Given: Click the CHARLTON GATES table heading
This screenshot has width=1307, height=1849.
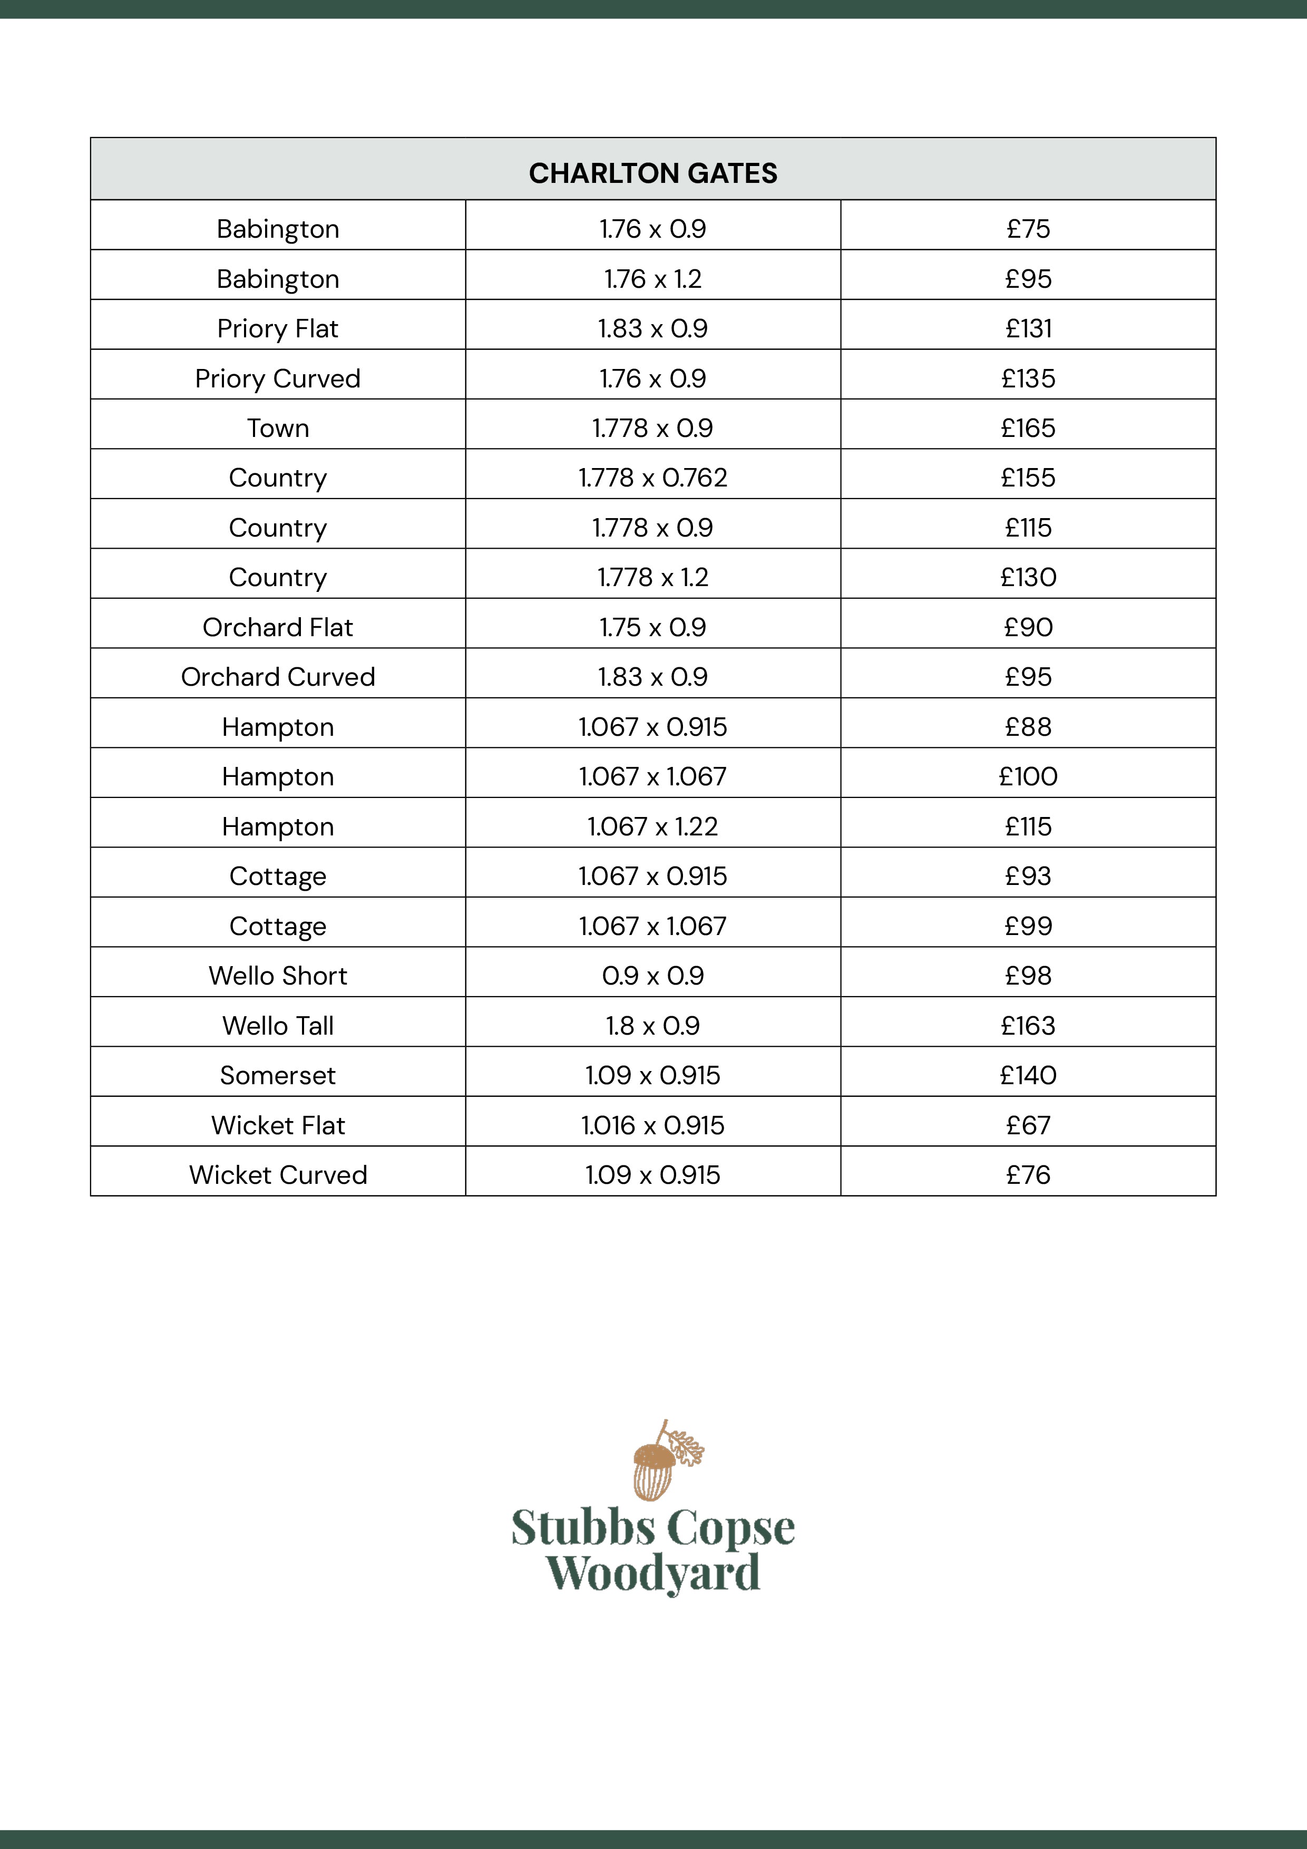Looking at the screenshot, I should pyautogui.click(x=653, y=173).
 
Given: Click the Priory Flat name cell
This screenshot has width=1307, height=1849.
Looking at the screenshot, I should pyautogui.click(x=278, y=328).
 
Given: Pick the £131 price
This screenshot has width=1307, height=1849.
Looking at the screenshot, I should pyautogui.click(x=1028, y=328).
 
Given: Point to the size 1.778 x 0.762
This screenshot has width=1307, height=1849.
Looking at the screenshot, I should pyautogui.click(x=652, y=478).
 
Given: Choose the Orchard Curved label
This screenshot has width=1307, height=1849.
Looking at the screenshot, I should pyautogui.click(x=278, y=676).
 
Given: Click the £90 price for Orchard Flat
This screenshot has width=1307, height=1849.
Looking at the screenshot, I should pyautogui.click(x=1028, y=627).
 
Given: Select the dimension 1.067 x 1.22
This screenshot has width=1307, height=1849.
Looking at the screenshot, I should pyautogui.click(x=652, y=826).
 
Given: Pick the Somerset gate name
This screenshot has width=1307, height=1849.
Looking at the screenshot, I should pyautogui.click(x=278, y=1075).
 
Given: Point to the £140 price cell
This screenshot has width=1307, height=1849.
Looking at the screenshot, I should pyautogui.click(x=1028, y=1075).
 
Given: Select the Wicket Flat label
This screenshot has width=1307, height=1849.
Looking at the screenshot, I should pyautogui.click(x=278, y=1125).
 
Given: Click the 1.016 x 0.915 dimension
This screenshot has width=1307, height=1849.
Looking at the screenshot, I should pyautogui.click(x=652, y=1125).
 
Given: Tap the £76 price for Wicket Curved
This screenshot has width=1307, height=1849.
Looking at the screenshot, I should pyautogui.click(x=1028, y=1175).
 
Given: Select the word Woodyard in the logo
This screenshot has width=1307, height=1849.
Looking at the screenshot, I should pyautogui.click(x=652, y=1573).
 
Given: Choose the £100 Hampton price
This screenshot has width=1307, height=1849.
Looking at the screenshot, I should pyautogui.click(x=1028, y=776).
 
